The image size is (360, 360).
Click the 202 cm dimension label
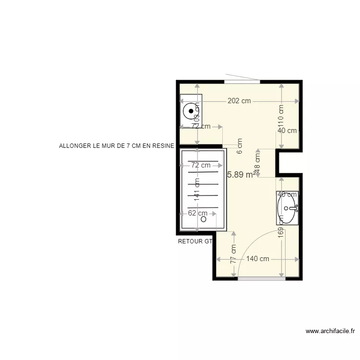(x=239, y=101)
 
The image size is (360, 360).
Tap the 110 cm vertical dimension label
(x=281, y=115)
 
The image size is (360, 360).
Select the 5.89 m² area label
(x=240, y=175)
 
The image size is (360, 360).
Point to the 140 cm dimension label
(x=258, y=259)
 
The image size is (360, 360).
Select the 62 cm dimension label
(x=198, y=213)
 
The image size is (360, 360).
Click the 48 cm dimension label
(x=257, y=160)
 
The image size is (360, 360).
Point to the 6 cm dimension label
(x=240, y=145)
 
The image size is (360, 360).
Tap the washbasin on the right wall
(x=288, y=208)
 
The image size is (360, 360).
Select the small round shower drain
(x=204, y=219)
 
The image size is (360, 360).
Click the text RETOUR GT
(x=195, y=241)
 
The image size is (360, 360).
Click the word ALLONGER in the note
(x=73, y=145)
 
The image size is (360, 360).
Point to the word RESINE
(x=164, y=145)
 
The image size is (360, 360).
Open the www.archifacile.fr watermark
(x=330, y=331)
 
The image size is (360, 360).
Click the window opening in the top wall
(x=242, y=82)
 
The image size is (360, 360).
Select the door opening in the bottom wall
(x=262, y=278)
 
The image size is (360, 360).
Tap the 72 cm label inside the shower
(x=201, y=165)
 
